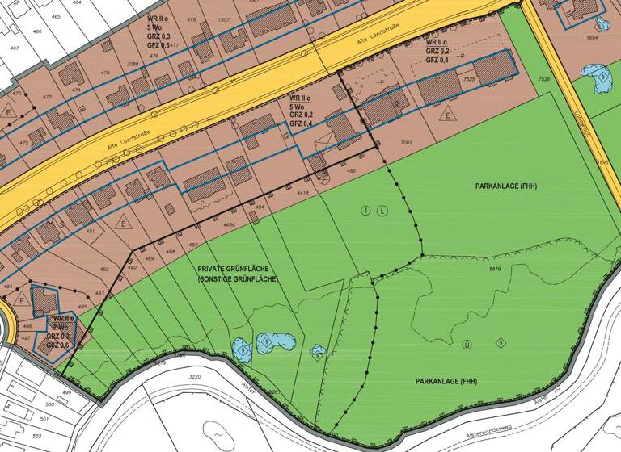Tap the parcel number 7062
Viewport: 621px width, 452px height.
(x=406, y=143)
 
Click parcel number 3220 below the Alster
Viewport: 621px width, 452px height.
(x=194, y=377)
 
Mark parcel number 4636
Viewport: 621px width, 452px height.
(x=230, y=225)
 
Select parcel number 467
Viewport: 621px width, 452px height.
(x=14, y=48)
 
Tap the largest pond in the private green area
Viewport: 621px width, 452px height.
(x=276, y=343)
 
